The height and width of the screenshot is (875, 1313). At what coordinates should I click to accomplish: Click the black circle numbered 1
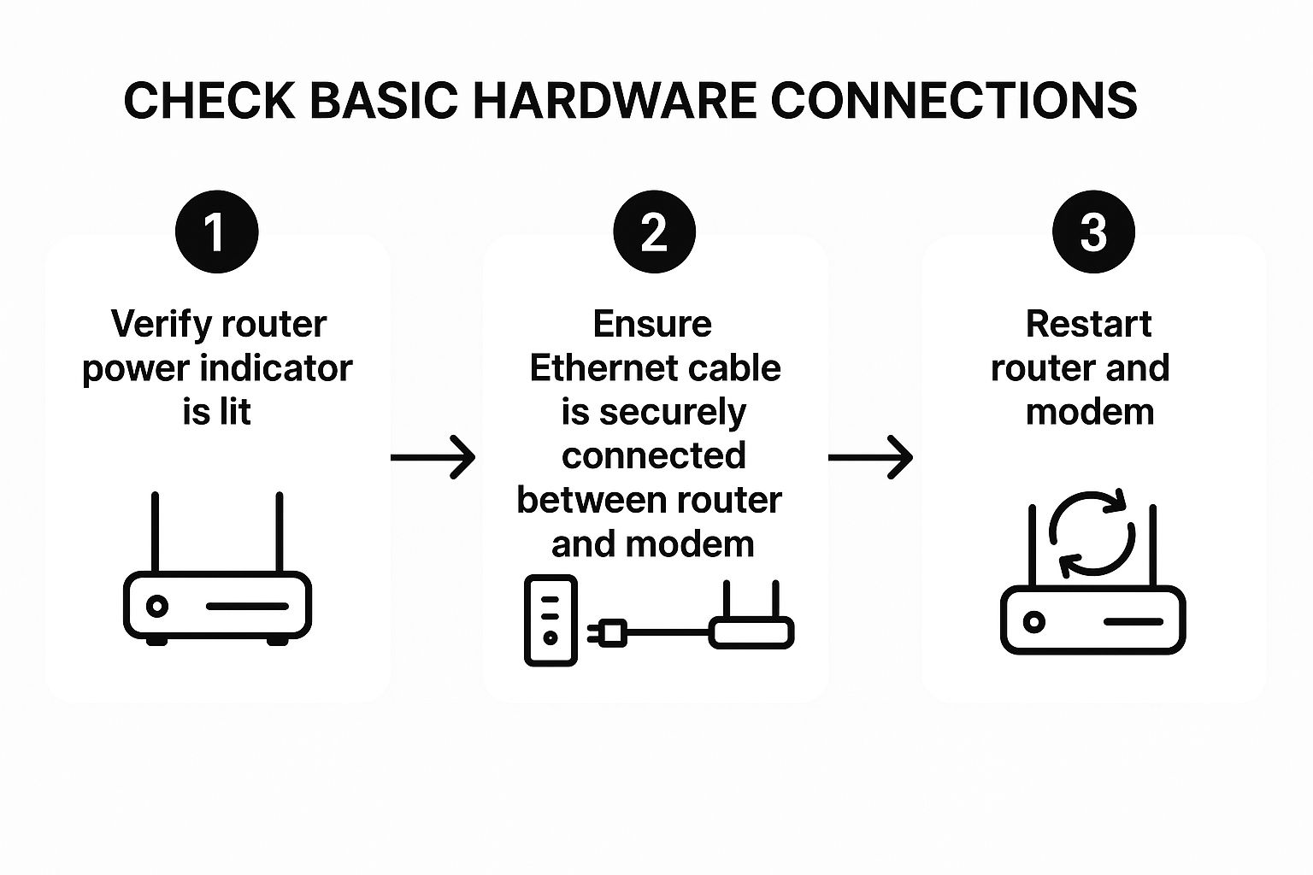[x=216, y=232]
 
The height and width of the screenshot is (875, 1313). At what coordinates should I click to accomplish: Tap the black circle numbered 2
[x=654, y=232]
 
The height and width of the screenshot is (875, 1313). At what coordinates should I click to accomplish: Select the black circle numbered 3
[x=1093, y=232]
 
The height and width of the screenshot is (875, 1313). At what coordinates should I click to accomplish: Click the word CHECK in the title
[x=209, y=101]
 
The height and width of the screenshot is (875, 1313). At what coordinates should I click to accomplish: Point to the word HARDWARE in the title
[x=614, y=101]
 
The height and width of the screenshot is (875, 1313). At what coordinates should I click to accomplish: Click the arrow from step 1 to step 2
[x=433, y=458]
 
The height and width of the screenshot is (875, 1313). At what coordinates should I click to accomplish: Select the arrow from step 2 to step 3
[x=870, y=458]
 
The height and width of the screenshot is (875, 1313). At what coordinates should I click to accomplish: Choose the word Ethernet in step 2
[x=595, y=368]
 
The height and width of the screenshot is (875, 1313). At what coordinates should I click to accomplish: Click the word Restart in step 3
[x=1088, y=325]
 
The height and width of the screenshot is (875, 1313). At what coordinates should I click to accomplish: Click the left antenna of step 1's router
[x=155, y=531]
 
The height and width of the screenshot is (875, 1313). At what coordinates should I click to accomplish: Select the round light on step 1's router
[x=156, y=607]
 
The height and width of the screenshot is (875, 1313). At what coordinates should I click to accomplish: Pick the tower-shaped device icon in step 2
[x=550, y=620]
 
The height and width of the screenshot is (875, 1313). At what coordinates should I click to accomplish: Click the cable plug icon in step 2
[x=608, y=633]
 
